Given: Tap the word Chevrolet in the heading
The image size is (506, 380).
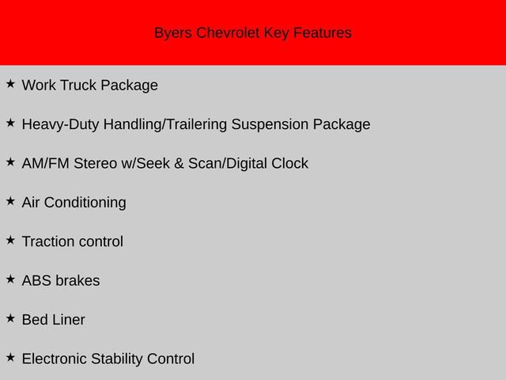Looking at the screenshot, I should [229, 33].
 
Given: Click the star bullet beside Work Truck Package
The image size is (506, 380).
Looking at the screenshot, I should [10, 83].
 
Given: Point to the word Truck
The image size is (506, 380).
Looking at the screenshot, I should [78, 85].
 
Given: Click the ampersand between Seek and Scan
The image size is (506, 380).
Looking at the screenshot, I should [178, 164].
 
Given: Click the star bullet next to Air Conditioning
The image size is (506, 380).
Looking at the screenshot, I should [10, 200].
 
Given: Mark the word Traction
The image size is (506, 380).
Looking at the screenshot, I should [50, 241].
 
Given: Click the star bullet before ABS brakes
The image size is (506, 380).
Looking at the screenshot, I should [10, 279].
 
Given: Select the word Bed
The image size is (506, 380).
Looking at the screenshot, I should [35, 320].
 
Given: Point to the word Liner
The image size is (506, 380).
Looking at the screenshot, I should [69, 320].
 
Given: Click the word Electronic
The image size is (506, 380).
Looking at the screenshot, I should [55, 359].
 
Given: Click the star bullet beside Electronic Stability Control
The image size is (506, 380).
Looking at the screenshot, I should [10, 357].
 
